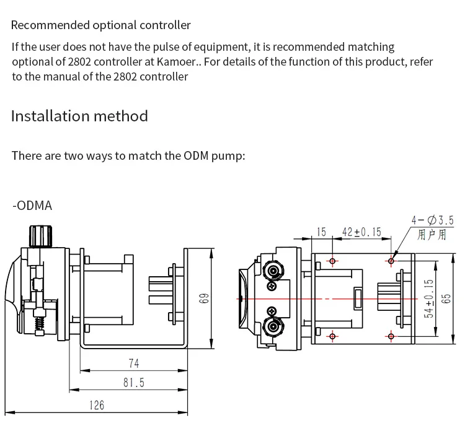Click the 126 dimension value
point(97,405)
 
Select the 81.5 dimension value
point(134,383)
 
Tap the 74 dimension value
point(134,363)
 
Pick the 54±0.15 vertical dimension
point(429,298)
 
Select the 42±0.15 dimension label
point(361,232)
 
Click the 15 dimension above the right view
point(321,232)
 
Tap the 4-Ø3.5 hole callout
point(432,220)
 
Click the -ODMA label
point(32,206)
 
